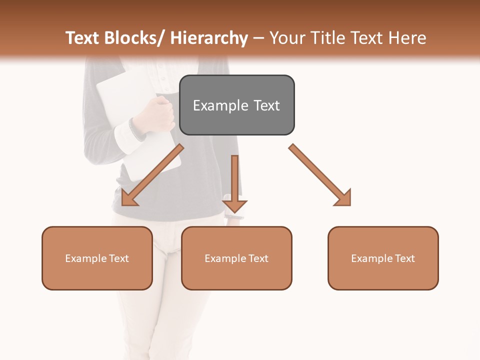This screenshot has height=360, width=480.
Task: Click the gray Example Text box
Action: coord(236,105)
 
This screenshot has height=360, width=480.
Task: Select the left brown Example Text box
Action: coord(97,258)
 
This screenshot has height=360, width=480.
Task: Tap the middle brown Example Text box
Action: coord(236,258)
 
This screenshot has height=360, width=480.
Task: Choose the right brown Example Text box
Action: coord(383,258)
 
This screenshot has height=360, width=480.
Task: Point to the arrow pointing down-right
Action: coord(320,175)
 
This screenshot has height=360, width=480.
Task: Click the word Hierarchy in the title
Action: coord(209,38)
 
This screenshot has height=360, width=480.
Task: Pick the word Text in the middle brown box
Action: coord(258,258)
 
